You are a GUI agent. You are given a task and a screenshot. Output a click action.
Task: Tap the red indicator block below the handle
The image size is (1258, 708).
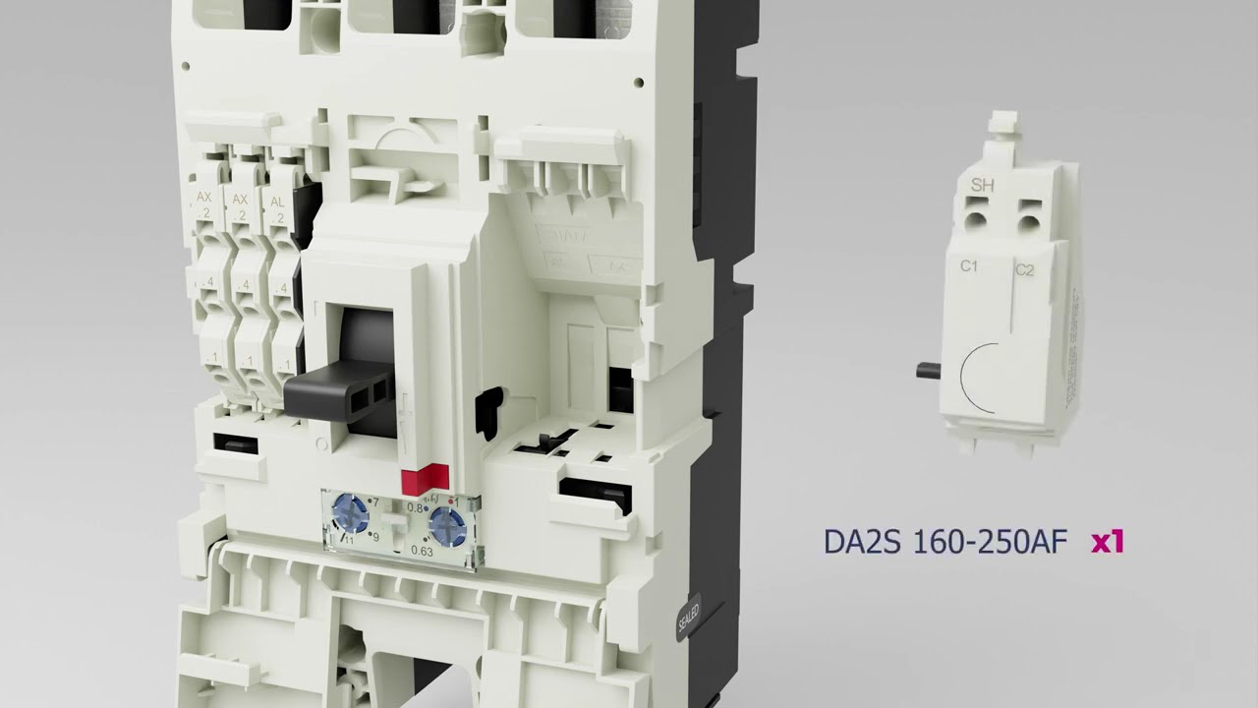click(419, 481)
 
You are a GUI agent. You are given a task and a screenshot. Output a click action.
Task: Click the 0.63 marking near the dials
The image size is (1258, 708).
click(422, 552)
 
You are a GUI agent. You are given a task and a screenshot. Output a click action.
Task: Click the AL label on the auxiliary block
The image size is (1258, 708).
click(278, 200)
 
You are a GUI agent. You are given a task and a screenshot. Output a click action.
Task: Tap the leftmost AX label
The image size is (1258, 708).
click(204, 199)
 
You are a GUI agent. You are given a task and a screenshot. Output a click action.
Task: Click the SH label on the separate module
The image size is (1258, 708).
click(981, 185)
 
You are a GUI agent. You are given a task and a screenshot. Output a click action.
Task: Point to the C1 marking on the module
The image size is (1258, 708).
click(968, 266)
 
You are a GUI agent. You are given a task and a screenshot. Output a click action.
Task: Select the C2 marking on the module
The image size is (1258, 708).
click(1024, 269)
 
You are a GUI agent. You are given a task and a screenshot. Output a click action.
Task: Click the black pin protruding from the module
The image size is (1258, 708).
click(927, 370)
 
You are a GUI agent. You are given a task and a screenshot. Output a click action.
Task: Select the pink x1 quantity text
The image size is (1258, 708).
click(1107, 541)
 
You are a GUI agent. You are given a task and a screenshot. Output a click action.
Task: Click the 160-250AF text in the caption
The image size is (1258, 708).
click(990, 542)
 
